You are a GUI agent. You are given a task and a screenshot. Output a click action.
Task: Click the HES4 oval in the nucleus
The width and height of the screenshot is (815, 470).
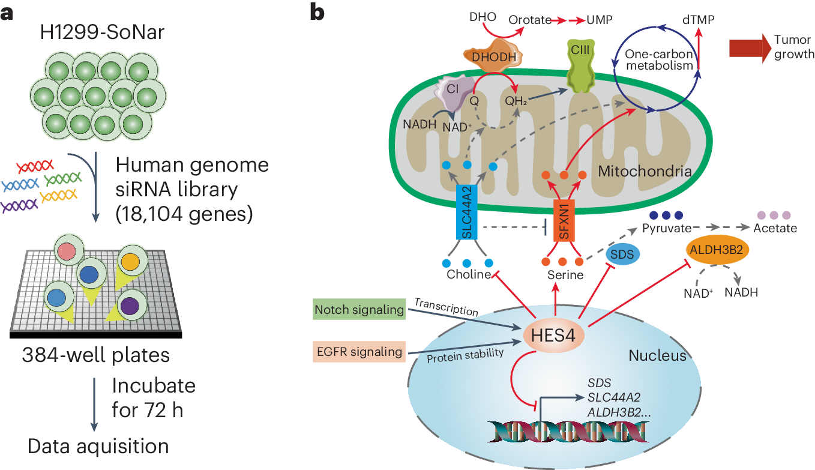point(553,335)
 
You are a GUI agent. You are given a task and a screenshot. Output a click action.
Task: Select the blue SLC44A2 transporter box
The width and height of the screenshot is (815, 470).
point(466,212)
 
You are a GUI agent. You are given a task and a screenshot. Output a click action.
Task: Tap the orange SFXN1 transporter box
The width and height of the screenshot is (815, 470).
point(564,220)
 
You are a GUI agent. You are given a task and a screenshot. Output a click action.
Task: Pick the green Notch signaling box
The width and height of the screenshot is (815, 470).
point(359,309)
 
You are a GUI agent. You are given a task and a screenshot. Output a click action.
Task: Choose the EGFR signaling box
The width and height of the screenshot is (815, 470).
point(359,352)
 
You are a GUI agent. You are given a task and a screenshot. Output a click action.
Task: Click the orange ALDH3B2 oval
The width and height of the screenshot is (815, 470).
point(717,250)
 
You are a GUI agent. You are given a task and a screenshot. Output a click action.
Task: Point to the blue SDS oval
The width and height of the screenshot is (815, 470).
point(622,254)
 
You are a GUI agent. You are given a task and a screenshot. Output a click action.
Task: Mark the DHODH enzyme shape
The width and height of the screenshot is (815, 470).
point(493,56)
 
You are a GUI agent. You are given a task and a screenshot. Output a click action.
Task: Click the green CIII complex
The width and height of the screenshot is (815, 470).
point(580,65)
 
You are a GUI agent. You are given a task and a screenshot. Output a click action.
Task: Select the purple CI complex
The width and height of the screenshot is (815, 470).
point(455,93)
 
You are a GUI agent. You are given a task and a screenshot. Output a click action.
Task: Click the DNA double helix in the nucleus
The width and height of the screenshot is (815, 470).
point(568,432)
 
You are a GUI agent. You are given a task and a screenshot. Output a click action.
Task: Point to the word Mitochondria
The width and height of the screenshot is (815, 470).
point(645,171)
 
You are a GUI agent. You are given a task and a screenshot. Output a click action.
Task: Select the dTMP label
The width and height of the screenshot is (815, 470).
point(698,20)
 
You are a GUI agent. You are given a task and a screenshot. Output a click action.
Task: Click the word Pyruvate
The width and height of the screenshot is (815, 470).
point(667,228)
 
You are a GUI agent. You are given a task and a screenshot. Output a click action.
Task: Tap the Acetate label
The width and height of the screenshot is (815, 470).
point(775,228)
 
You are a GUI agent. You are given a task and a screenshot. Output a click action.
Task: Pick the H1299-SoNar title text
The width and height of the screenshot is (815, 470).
point(102,32)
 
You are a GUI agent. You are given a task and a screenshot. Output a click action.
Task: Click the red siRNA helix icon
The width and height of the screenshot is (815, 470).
point(35,166)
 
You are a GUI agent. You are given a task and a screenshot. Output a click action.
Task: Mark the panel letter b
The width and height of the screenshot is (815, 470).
point(317,13)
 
